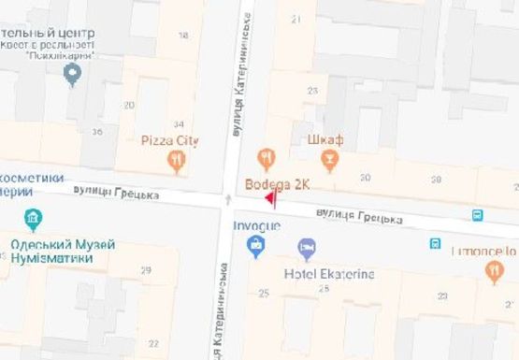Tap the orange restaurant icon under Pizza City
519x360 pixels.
(x=178, y=162)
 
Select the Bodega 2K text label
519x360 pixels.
(x=277, y=183)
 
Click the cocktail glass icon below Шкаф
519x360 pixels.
(x=327, y=162)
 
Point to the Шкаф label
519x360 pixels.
(x=325, y=140)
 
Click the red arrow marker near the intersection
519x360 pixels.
(x=269, y=199)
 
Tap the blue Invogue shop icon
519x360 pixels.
(x=254, y=246)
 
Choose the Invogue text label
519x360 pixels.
(x=255, y=226)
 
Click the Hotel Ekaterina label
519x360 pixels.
(x=328, y=273)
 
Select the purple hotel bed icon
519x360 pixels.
(x=307, y=249)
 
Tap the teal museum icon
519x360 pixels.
(x=34, y=221)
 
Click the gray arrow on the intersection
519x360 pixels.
(x=228, y=199)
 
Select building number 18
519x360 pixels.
(x=182, y=36)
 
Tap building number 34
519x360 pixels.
(x=178, y=124)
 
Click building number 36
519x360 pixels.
(x=97, y=132)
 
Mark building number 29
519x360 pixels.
(x=145, y=270)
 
